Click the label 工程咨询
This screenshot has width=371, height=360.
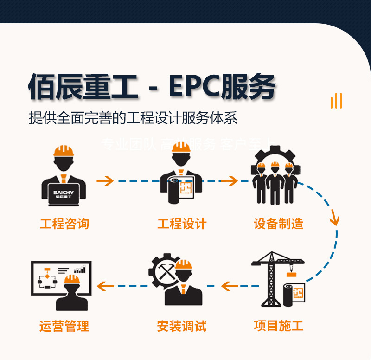point(64,224)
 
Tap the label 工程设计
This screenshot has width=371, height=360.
point(182,224)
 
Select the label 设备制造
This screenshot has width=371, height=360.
point(278,224)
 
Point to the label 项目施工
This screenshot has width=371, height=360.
point(278,325)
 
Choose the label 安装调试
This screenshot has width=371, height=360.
point(182,325)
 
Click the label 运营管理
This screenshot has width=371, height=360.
point(64,326)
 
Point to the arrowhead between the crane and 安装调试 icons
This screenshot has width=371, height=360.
point(227,286)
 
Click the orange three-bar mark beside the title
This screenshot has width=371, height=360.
point(336,101)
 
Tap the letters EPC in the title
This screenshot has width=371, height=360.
point(194,87)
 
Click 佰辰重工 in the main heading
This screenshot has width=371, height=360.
point(83,87)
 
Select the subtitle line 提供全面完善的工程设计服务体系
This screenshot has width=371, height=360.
point(133,118)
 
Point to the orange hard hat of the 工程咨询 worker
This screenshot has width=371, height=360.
point(64,151)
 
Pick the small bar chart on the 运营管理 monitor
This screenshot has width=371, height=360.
point(80,270)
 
